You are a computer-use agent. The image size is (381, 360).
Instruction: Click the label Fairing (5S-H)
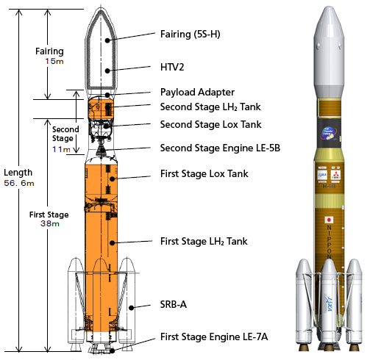coord(190,34)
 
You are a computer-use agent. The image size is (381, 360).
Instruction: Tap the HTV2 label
coord(172,67)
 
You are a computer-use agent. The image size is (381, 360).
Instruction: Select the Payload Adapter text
coord(197,93)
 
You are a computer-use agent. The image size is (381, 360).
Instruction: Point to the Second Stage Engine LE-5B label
coord(220,148)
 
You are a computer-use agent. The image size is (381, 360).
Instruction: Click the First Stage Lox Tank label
coord(204,173)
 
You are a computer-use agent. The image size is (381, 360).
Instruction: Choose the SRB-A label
coord(174,304)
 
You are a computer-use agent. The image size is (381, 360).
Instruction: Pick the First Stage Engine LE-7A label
coord(214,336)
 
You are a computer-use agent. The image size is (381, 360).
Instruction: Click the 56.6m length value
coord(19,183)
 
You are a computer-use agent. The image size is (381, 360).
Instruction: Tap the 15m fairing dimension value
coord(54,61)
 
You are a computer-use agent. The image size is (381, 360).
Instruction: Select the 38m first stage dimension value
coord(50,223)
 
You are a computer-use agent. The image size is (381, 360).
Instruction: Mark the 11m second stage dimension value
coord(61,149)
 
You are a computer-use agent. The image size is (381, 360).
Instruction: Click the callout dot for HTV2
coord(107,71)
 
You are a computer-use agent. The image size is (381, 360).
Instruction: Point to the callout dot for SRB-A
coord(132,308)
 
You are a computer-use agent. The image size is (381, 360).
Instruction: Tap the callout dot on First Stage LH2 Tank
coord(113,243)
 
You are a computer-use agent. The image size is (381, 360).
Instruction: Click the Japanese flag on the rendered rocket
coord(329,220)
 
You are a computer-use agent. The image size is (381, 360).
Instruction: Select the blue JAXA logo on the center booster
coord(329,303)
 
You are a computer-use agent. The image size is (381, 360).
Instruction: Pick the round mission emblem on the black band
coord(329,134)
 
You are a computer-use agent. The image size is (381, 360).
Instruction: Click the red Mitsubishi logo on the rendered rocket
coord(335,175)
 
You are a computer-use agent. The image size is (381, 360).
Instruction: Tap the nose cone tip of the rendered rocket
coord(329,7)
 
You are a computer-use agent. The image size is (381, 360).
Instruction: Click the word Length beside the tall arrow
coord(18,173)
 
